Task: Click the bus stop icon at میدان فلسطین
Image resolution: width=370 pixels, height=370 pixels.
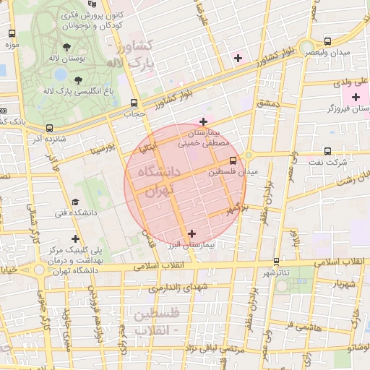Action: [x=233, y=161]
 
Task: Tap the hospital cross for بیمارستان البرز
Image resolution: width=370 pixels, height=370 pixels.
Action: [x=192, y=233]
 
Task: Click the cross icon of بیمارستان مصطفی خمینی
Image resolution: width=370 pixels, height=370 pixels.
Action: [x=203, y=121]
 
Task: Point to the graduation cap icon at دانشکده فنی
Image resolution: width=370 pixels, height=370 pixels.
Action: [x=75, y=202]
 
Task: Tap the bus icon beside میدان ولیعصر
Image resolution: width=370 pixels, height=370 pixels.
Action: [x=328, y=42]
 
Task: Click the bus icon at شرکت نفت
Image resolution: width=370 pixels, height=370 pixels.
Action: [x=328, y=152]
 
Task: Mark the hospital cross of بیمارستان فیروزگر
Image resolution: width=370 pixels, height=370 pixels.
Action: [x=355, y=97]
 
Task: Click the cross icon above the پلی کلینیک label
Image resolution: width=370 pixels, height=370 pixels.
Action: [x=75, y=238]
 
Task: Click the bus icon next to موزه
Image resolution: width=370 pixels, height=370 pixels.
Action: [x=12, y=33]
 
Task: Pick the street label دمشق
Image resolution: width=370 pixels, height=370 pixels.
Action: [x=267, y=104]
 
